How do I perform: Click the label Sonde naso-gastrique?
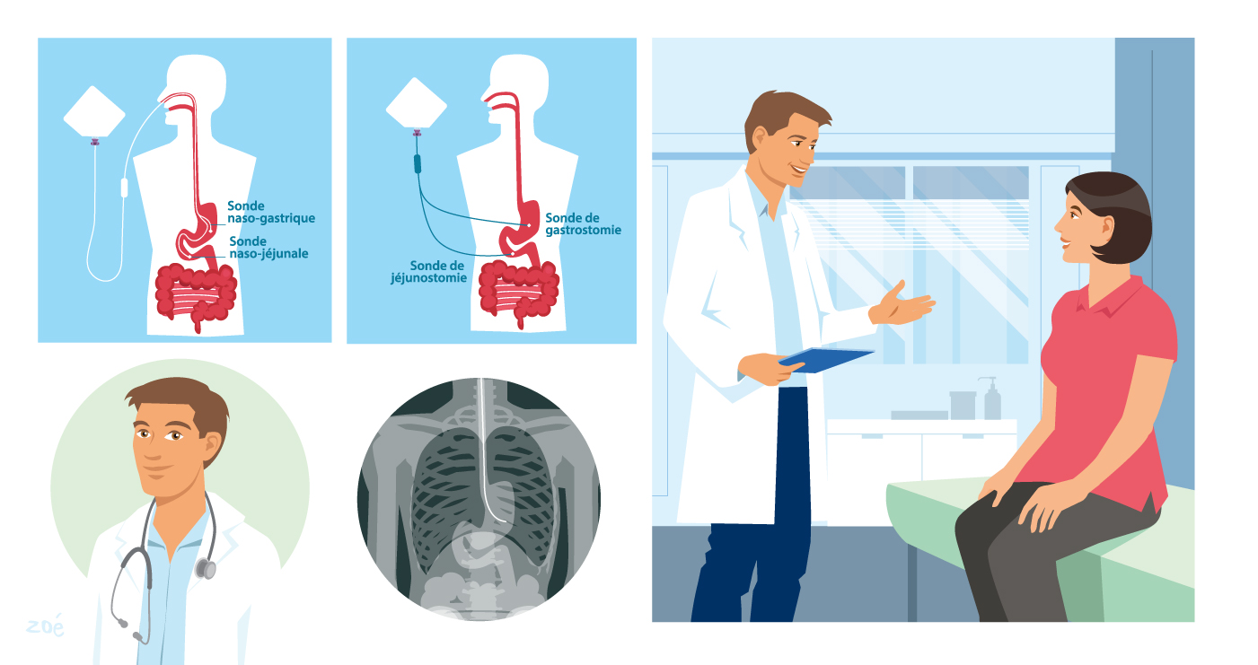pos(270,212)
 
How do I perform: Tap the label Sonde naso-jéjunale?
pos(268,248)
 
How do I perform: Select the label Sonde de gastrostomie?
pos(583,224)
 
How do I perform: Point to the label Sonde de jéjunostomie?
pos(428,272)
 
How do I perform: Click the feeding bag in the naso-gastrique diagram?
pos(93,111)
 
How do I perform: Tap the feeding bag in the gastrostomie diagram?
pos(416,103)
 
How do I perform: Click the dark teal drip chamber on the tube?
pos(418,164)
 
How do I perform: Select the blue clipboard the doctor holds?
pos(825,359)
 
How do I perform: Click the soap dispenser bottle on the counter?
pos(992,398)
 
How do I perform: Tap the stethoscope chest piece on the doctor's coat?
pos(207,568)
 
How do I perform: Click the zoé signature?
pos(45,626)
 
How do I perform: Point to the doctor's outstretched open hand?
pos(902,305)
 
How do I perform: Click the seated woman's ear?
pos(1107,228)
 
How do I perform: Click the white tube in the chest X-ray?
pos(486,449)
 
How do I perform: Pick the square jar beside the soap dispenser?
pos(963,405)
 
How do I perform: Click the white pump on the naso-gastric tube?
pos(124,188)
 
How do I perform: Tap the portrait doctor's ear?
pos(211,444)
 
